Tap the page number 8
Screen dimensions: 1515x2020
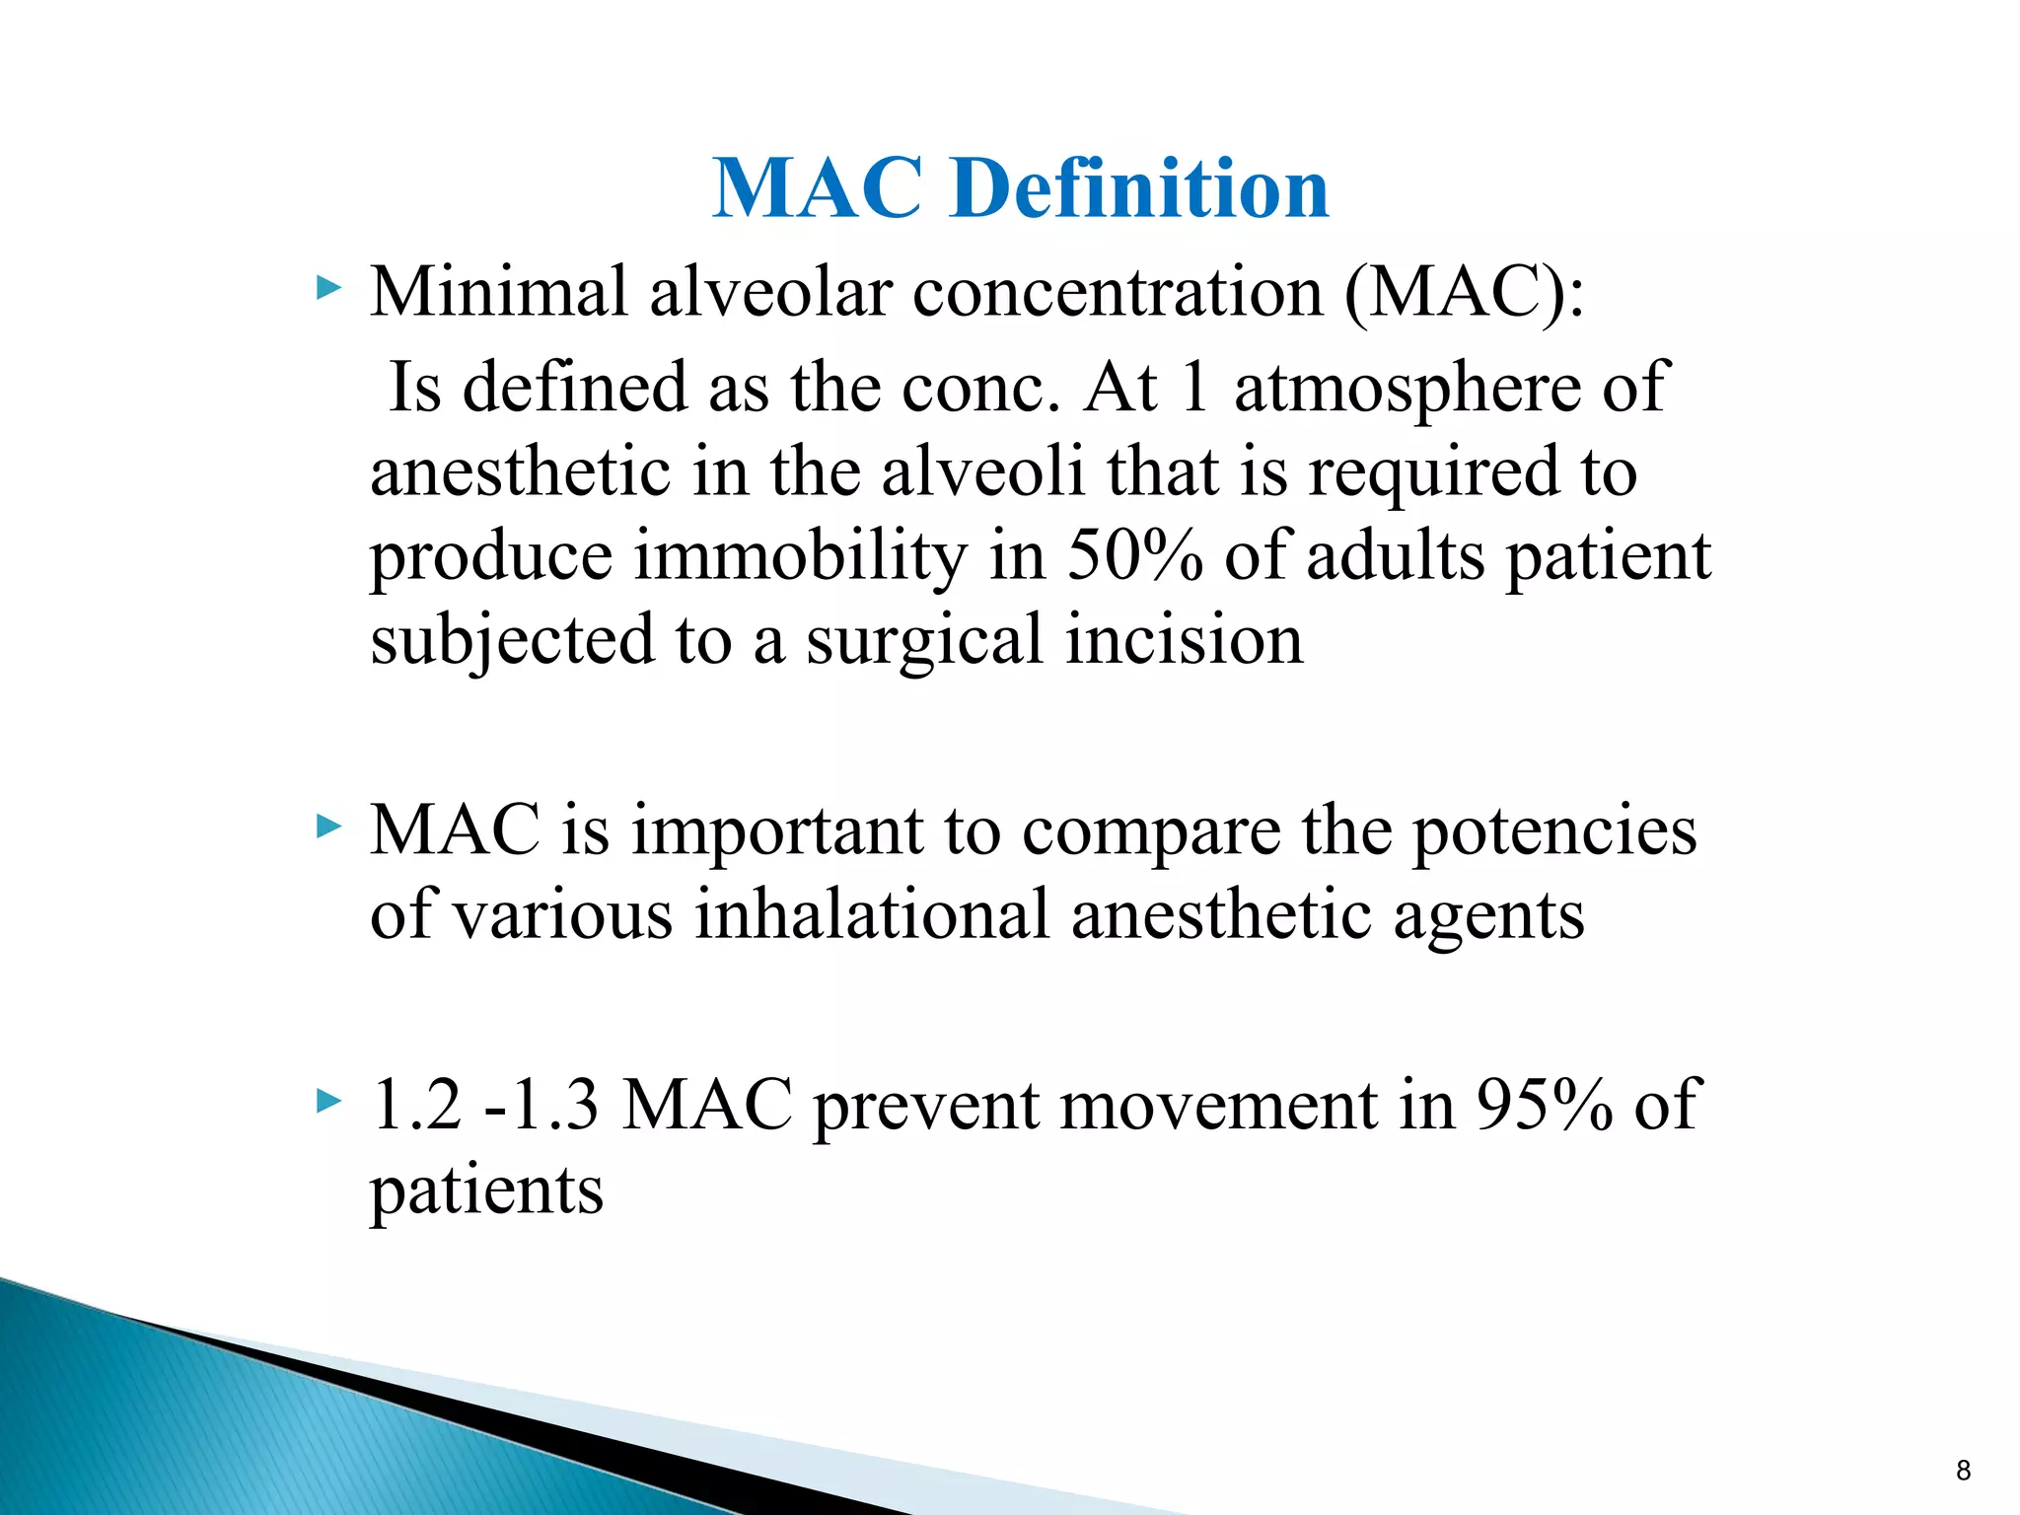pos(1963,1471)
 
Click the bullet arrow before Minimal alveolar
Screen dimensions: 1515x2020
pos(328,289)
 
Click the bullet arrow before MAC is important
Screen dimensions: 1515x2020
pos(328,827)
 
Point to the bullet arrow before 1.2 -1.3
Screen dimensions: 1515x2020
pos(328,1101)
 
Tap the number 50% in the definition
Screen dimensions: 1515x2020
pos(1134,555)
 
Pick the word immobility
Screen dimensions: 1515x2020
pos(800,555)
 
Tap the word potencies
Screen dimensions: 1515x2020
pos(1554,830)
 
